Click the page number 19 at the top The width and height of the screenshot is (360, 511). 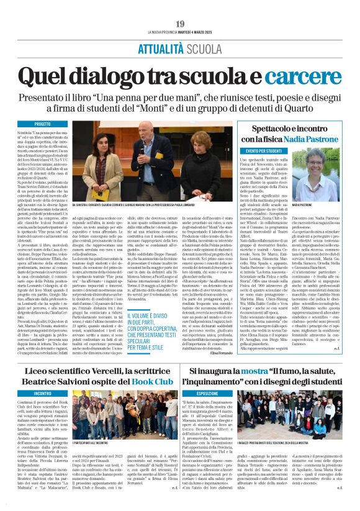(x=180, y=24)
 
